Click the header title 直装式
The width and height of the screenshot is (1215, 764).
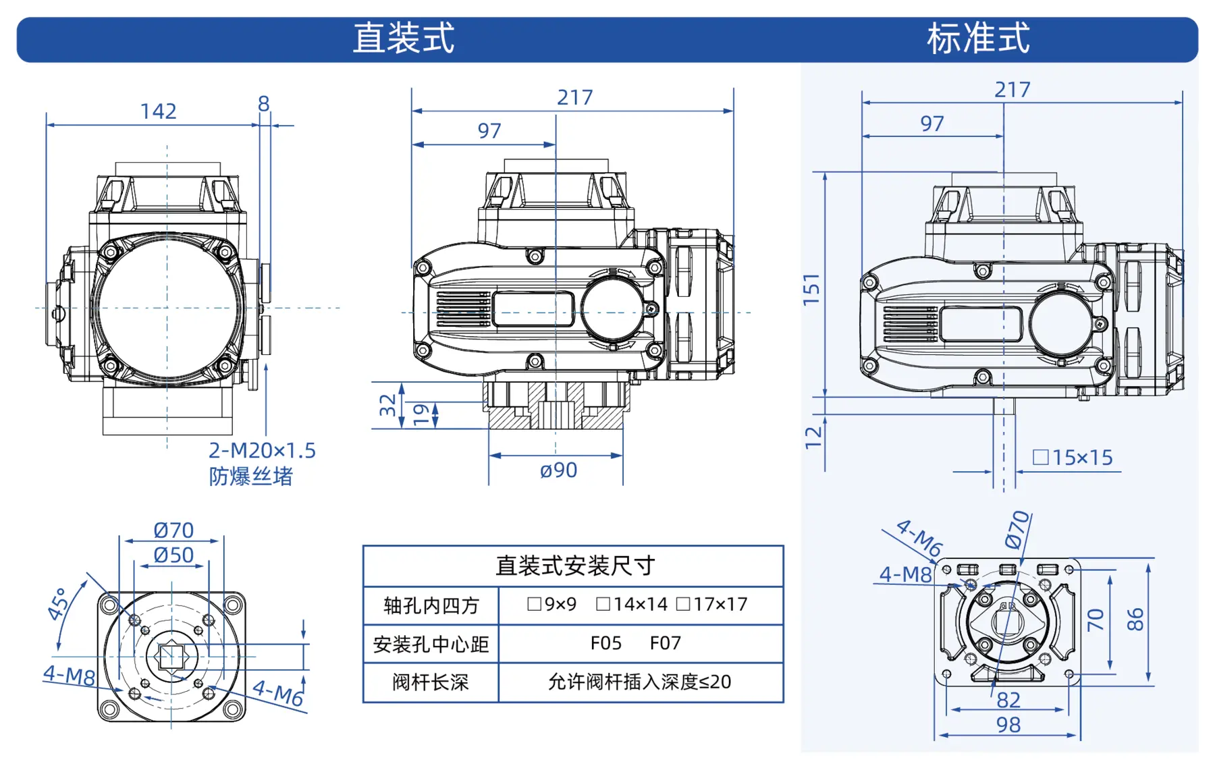click(x=404, y=38)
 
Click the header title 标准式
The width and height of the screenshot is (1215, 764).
click(x=978, y=38)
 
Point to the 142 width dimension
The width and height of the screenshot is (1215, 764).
click(x=158, y=111)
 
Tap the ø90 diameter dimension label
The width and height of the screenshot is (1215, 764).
click(x=558, y=470)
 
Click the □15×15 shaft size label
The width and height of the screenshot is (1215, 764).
click(x=1073, y=458)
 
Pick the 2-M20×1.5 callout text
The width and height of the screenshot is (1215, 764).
click(x=262, y=450)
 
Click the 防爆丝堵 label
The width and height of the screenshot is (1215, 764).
click(x=250, y=476)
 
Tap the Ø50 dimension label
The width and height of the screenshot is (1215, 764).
click(x=173, y=555)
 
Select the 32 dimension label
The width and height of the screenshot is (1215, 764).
click(x=387, y=405)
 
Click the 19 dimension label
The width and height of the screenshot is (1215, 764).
click(x=421, y=414)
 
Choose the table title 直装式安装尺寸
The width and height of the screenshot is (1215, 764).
click(x=574, y=566)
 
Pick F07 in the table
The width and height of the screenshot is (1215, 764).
click(x=665, y=643)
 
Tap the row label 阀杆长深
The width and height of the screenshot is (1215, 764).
click(x=430, y=682)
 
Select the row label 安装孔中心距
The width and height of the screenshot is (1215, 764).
click(x=430, y=645)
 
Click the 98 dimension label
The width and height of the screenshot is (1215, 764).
click(x=1008, y=725)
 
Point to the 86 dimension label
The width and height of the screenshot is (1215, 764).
click(x=1135, y=619)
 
